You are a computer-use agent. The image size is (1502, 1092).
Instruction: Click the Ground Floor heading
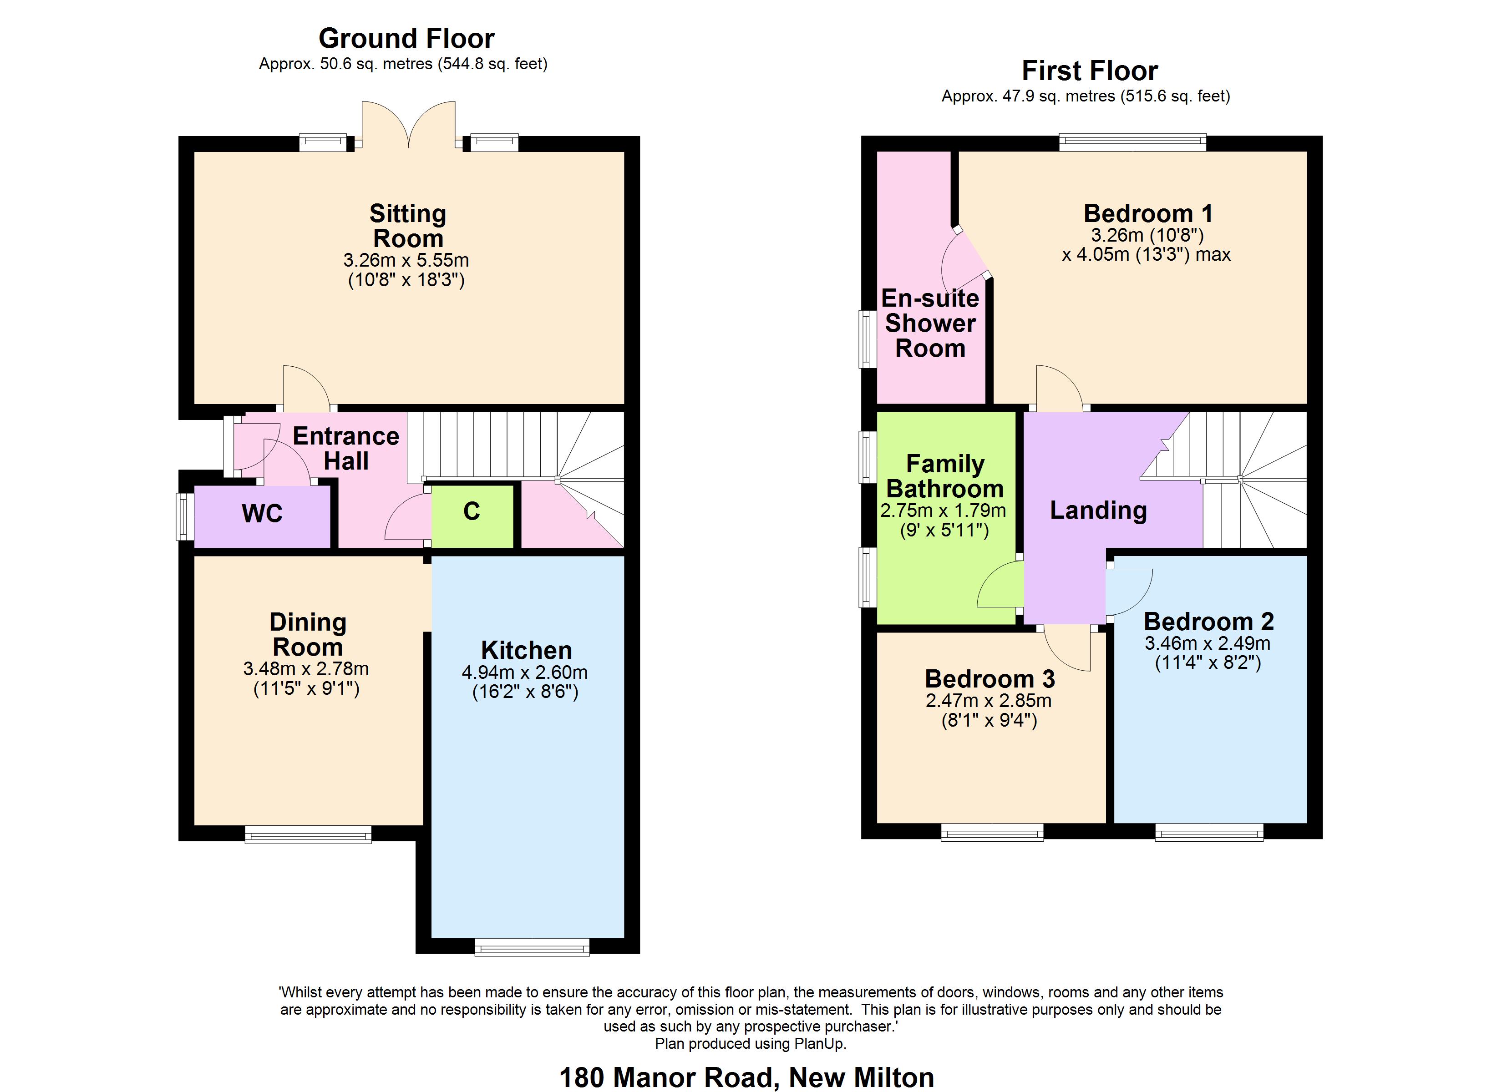click(x=406, y=38)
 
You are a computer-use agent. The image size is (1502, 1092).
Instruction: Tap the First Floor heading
click(x=1090, y=70)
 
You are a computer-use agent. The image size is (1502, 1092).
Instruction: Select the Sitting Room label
click(x=407, y=226)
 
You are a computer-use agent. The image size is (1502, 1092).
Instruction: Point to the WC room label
click(x=262, y=514)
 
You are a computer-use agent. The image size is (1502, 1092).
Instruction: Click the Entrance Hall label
click(x=346, y=448)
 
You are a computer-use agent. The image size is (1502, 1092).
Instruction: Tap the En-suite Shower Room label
click(x=930, y=323)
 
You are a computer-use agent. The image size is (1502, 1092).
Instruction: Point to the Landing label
click(x=1098, y=510)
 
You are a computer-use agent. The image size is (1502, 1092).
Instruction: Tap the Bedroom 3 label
click(x=989, y=679)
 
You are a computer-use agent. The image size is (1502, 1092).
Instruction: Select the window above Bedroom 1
click(x=1132, y=141)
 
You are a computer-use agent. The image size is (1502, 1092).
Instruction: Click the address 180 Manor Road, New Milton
click(x=746, y=1077)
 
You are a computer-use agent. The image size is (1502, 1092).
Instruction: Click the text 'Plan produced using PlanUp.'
click(x=751, y=1044)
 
